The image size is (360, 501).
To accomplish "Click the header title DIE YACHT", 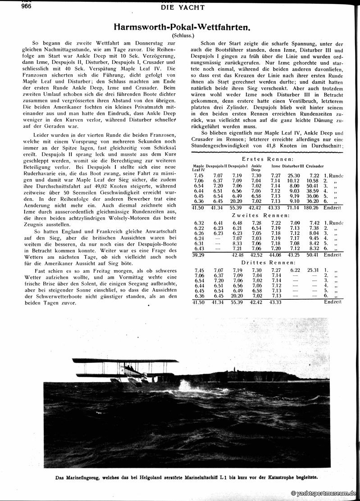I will pos(182,7).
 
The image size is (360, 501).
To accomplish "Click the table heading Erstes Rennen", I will pos(268,159).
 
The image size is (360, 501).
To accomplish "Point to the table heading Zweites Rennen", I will pos(268,216).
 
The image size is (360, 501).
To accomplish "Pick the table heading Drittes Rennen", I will pos(268,262).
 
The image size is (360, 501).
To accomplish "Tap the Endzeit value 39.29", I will pos(198,255).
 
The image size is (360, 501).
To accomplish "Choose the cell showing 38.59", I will pos(312,191).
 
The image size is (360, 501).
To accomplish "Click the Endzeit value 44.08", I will pos(274,255).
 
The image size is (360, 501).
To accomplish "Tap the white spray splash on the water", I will pos(187,386).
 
